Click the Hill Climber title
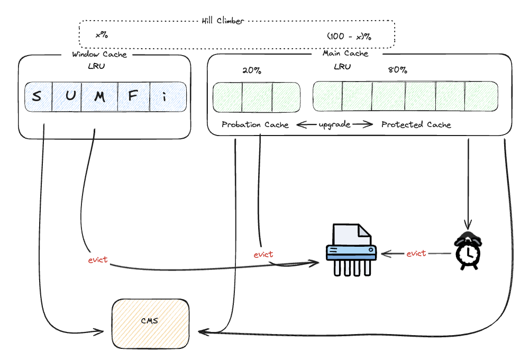[223, 21]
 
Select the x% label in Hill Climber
[102, 35]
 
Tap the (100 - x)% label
[349, 37]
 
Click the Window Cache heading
[99, 54]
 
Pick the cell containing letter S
[37, 97]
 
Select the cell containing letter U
[67, 97]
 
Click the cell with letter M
[99, 97]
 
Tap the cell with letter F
[133, 97]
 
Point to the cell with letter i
[165, 97]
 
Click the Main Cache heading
[345, 53]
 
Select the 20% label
[251, 70]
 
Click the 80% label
[397, 70]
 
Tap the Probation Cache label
[255, 125]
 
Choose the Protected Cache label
[416, 125]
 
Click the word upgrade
[334, 124]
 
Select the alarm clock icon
[468, 250]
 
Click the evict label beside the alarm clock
[416, 254]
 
